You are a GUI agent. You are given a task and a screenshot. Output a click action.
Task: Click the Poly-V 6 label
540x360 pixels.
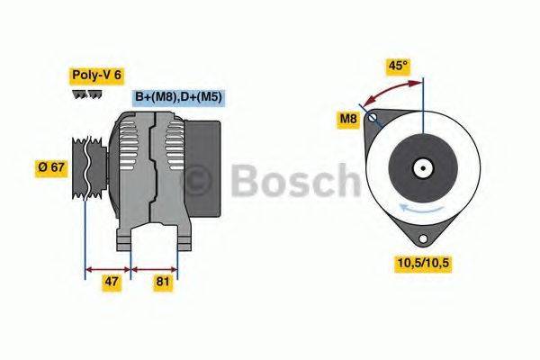(95, 76)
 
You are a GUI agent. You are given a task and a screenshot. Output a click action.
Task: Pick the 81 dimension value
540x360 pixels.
(163, 282)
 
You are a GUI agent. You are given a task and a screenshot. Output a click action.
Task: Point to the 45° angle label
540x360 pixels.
(398, 65)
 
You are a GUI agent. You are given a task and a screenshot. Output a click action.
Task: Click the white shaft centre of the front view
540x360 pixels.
(420, 167)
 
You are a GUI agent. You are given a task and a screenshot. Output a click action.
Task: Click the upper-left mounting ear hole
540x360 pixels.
(376, 119)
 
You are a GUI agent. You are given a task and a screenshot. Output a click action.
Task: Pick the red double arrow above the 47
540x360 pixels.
(108, 267)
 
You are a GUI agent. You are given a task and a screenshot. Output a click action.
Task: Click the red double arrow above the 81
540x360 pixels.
(155, 267)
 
